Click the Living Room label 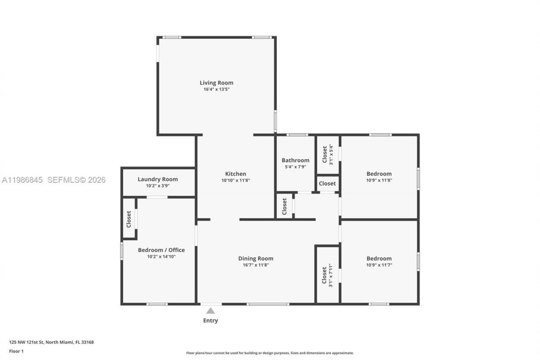click(x=216, y=83)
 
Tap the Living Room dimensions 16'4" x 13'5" click(x=216, y=89)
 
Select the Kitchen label click(x=235, y=174)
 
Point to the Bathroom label click(x=295, y=160)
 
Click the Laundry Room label click(x=158, y=179)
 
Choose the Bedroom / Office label click(x=161, y=250)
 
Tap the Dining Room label click(x=256, y=259)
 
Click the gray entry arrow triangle click(x=211, y=311)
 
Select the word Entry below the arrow click(x=211, y=321)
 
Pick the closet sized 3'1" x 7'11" click(x=327, y=275)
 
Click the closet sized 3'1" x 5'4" click(x=327, y=154)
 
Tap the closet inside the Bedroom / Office click(x=129, y=219)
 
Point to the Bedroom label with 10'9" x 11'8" click(x=379, y=174)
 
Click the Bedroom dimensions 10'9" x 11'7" click(x=379, y=265)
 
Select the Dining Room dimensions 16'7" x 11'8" click(x=256, y=265)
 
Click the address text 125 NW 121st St click(x=51, y=342)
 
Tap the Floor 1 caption click(x=16, y=351)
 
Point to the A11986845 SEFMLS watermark click(x=54, y=180)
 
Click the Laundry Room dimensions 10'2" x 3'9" click(x=158, y=186)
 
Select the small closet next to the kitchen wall click(x=284, y=206)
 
